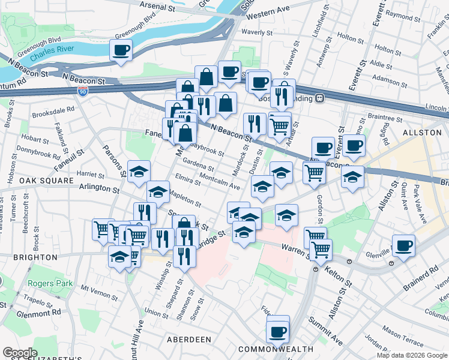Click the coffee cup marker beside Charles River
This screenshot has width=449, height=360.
(x=121, y=50)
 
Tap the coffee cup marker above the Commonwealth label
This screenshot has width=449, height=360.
(x=277, y=331)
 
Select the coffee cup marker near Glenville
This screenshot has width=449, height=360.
(x=403, y=245)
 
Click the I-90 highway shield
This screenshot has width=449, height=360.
(x=83, y=91)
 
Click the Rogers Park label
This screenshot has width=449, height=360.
(x=50, y=283)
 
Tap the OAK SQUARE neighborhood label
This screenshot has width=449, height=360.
(x=41, y=180)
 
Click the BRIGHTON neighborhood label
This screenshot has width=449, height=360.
(x=29, y=257)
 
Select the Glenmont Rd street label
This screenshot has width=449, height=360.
(x=38, y=312)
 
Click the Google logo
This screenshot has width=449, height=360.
(x=20, y=353)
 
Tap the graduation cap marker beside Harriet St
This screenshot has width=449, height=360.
(x=139, y=171)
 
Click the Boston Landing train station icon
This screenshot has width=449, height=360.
(x=321, y=98)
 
